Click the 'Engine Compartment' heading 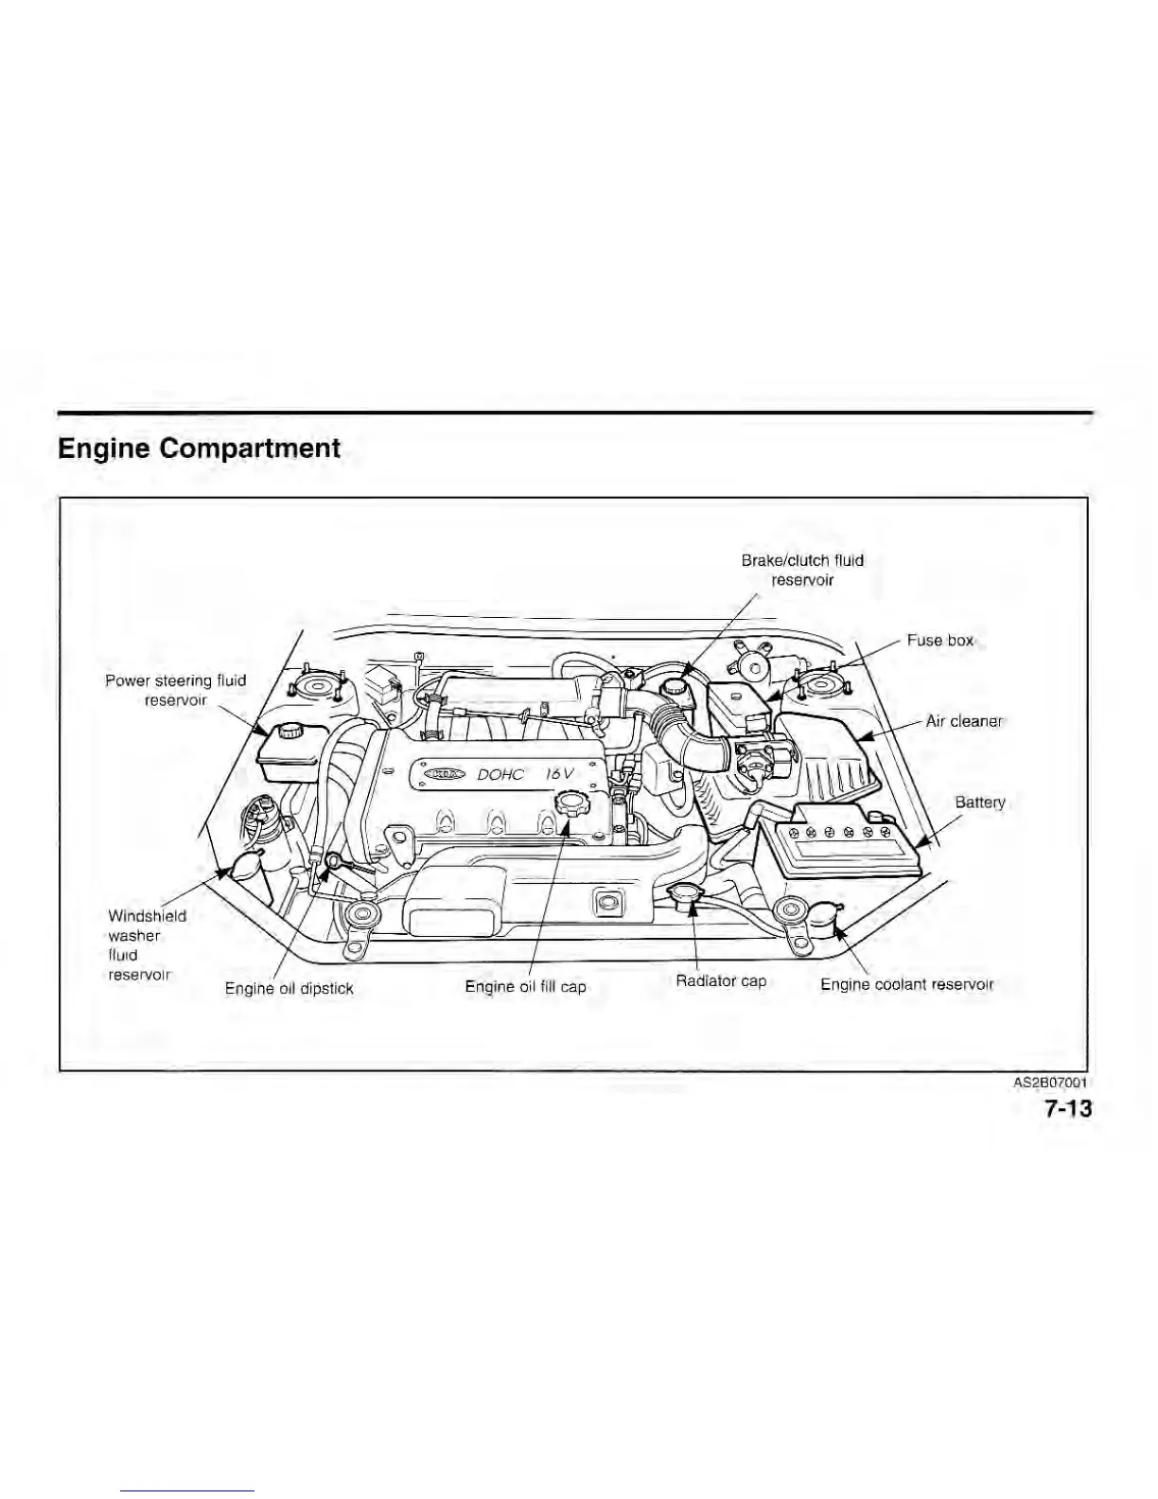[199, 448]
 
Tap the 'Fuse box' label [939, 641]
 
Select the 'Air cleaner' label [963, 721]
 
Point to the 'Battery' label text [979, 802]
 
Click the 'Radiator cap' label [721, 980]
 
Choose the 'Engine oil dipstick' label [289, 989]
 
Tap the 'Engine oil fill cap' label [525, 987]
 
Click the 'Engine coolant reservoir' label [906, 984]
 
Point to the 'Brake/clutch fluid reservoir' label [802, 570]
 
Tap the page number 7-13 [1068, 1108]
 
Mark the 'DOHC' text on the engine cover [500, 774]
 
